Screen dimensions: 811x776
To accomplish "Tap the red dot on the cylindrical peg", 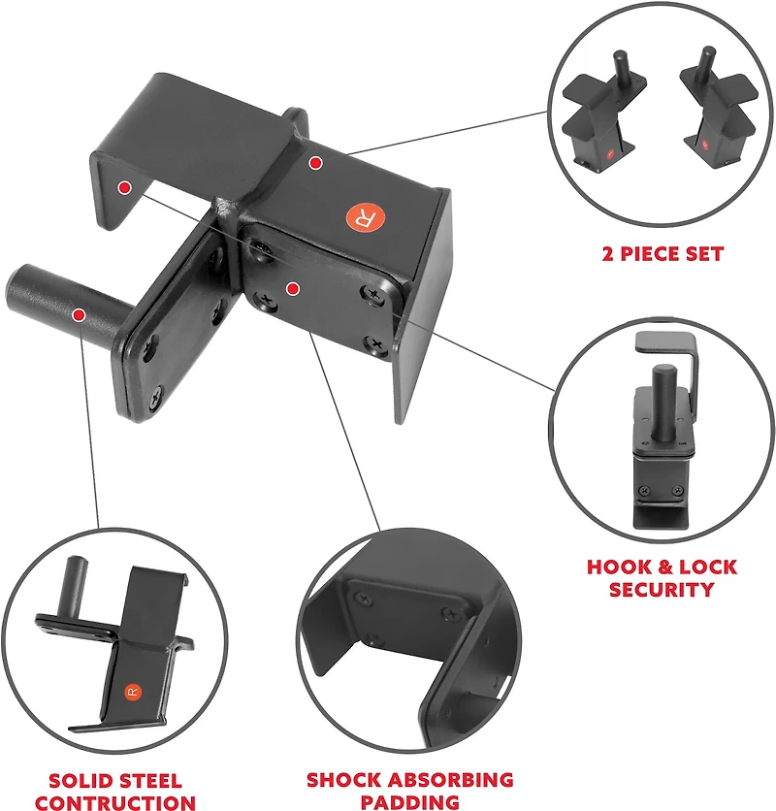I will pos(79,315).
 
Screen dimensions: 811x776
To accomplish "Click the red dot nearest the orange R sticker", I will pos(314,164).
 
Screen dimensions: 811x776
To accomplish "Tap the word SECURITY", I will pos(662,589).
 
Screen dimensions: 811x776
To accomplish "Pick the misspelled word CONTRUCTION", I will pos(115,802).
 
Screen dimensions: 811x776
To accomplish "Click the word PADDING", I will pos(409,801).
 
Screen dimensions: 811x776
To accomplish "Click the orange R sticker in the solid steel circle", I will pos(133,692).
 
